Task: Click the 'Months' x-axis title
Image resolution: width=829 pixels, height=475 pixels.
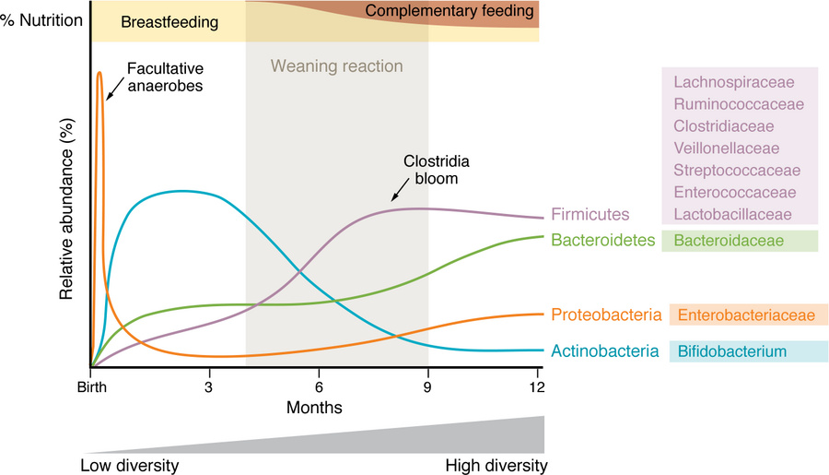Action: click(315, 406)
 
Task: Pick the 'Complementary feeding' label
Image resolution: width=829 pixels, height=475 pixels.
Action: click(450, 12)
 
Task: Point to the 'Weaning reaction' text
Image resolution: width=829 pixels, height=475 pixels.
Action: click(336, 66)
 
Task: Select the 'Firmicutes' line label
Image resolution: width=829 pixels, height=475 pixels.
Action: click(590, 214)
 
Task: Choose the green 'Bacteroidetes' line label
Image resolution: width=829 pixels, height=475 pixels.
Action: click(603, 241)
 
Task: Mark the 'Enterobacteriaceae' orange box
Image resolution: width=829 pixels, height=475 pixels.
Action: click(749, 315)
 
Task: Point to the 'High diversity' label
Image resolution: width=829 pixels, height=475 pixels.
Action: click(496, 464)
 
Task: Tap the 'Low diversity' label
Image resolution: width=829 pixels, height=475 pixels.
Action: click(130, 464)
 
